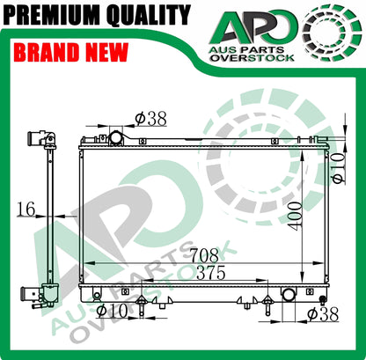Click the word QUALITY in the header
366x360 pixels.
pyautogui.click(x=149, y=15)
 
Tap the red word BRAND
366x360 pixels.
pyautogui.click(x=47, y=52)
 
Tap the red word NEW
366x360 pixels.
pyautogui.click(x=107, y=52)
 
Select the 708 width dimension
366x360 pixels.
pyautogui.click(x=204, y=255)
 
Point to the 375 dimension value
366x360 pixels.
pyautogui.click(x=211, y=273)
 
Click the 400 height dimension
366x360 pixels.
pyautogui.click(x=295, y=216)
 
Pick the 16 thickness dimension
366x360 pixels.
pyautogui.click(x=26, y=209)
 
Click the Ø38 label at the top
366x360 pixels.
pyautogui.click(x=150, y=119)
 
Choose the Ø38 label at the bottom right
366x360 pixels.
pyautogui.click(x=323, y=314)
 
